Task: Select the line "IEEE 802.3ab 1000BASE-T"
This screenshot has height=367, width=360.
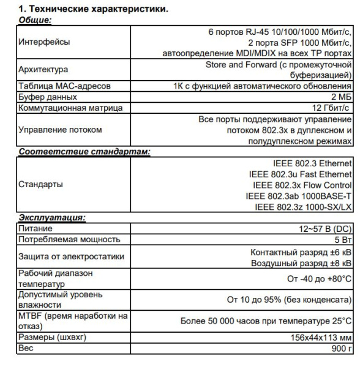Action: point(298,196)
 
